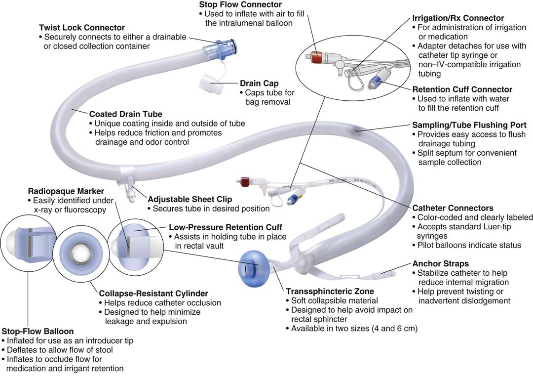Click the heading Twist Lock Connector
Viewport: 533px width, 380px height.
81,28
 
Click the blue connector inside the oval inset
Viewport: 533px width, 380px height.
379,80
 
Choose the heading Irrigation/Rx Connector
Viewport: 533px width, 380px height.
458,18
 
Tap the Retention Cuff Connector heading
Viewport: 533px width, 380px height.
462,89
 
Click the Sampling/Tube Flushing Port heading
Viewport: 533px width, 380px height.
469,125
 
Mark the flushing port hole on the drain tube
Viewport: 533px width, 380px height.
356,130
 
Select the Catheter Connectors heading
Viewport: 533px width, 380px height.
453,208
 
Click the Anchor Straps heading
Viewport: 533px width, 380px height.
440,263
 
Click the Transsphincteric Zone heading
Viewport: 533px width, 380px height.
330,291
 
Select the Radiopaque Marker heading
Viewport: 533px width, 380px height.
66,191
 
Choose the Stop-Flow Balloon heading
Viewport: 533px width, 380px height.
38,331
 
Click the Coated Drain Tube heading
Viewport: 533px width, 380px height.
125,114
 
